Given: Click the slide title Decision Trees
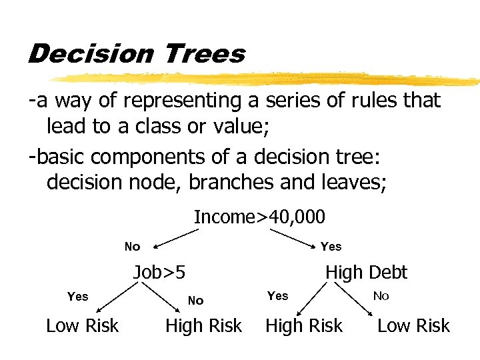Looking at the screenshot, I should [136, 53].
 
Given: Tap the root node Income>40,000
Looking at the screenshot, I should [259, 217].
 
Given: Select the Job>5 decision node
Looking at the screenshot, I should [159, 272].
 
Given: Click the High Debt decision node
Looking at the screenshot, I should [366, 272].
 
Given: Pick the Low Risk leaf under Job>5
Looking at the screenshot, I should [82, 325].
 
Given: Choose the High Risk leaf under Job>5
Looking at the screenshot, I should [203, 325].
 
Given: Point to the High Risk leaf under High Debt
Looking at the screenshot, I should [304, 325].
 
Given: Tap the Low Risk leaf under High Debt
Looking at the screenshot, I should [413, 325].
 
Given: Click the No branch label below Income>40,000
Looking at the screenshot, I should [132, 247].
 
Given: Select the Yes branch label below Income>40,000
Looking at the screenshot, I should [331, 247].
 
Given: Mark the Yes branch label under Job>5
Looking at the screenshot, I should [78, 296].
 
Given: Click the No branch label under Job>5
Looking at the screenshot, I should [195, 301].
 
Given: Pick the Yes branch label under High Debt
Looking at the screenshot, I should [277, 295].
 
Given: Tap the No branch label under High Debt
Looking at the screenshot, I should [381, 295].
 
